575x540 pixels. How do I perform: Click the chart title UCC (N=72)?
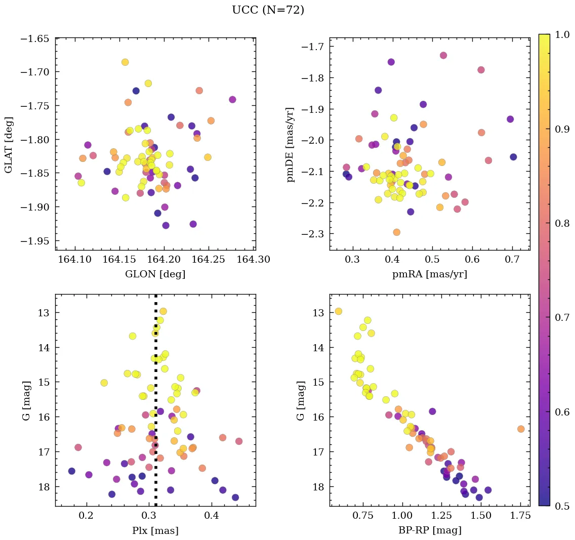coord(268,10)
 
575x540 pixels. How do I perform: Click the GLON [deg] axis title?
coord(155,274)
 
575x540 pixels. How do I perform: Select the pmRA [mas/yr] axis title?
coord(429,274)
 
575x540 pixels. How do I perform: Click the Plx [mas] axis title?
coord(155,530)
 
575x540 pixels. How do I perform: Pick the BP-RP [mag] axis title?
coord(429,530)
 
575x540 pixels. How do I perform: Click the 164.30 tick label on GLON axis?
coord(254,260)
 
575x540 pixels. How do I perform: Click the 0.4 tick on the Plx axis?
coord(212,516)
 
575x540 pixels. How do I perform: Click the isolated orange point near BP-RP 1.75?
coord(521,429)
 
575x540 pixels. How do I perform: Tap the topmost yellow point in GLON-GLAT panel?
coord(125,62)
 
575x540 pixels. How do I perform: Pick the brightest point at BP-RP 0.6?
coord(339,311)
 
